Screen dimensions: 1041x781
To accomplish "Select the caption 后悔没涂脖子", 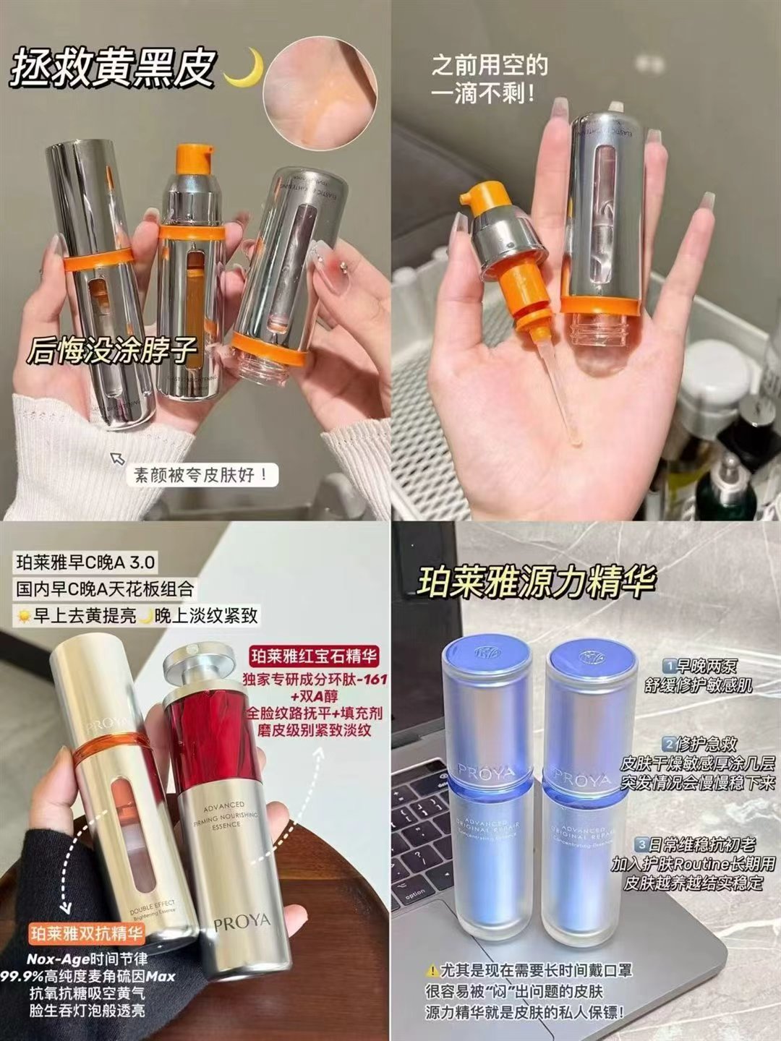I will [x=112, y=351].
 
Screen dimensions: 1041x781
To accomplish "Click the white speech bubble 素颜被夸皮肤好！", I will [x=202, y=475].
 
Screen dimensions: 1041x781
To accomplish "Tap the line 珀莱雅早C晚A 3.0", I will [x=85, y=562].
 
